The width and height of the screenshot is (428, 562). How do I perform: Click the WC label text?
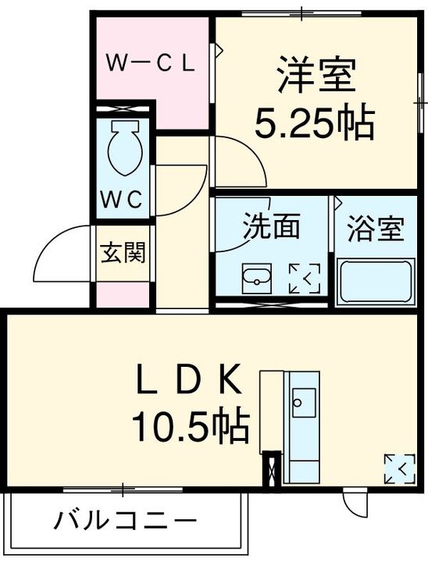(122, 200)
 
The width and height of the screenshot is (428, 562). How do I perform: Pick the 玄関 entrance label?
(123, 253)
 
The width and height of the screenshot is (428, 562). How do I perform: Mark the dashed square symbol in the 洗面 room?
(305, 279)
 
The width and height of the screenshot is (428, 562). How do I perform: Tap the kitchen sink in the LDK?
(301, 402)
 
